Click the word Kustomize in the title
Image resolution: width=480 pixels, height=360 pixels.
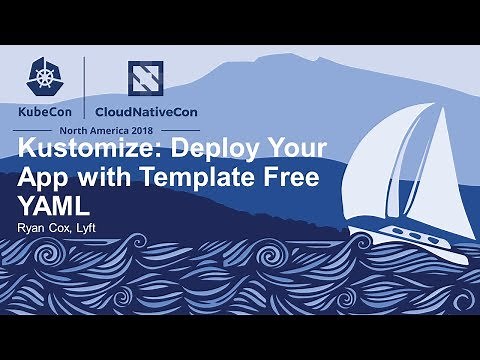79,150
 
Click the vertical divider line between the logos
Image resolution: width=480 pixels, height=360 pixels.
85,90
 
